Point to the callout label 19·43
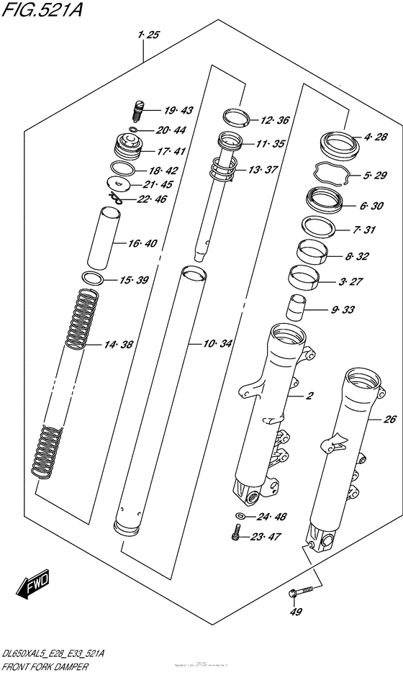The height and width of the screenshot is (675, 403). coord(178,111)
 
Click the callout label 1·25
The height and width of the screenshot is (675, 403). coord(150,35)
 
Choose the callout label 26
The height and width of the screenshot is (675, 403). coord(389,419)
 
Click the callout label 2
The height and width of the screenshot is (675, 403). coord(310,397)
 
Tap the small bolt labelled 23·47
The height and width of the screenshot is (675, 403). coord(235,534)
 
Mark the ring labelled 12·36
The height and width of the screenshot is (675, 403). coord(235,117)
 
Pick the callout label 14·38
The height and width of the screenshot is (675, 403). coord(117,345)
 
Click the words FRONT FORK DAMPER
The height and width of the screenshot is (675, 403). coord(46,667)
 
